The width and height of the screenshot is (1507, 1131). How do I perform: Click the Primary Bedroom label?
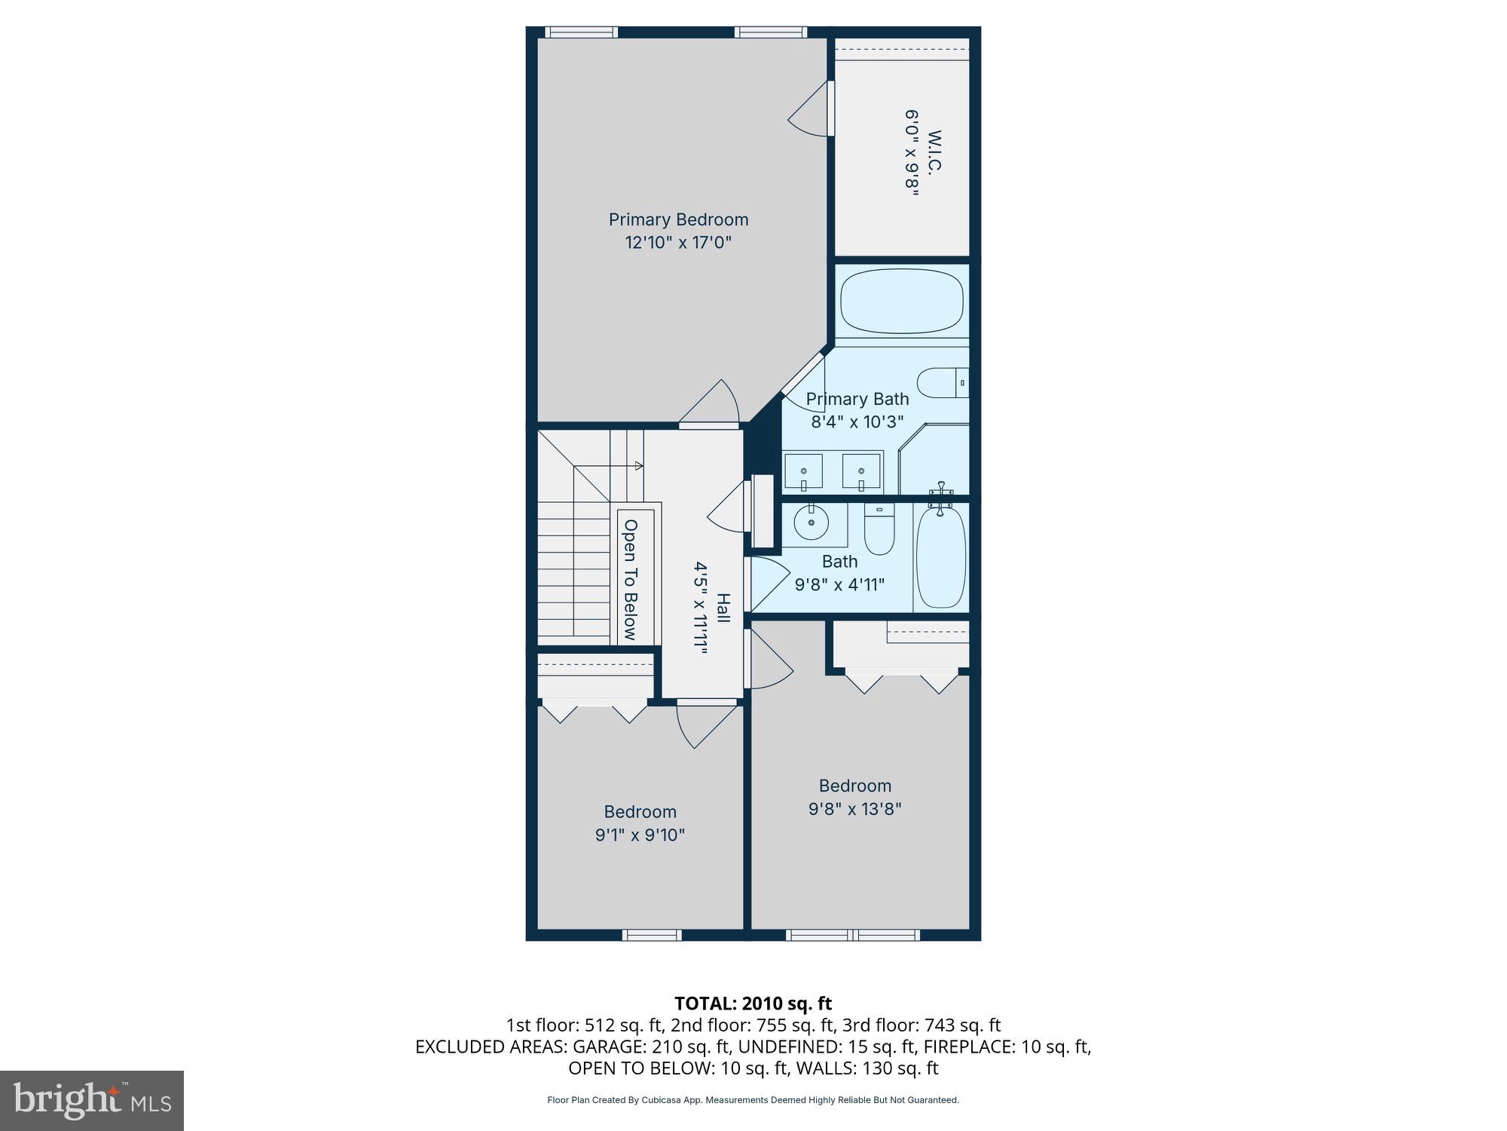click(x=678, y=219)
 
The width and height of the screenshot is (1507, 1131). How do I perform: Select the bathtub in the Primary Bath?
click(x=901, y=302)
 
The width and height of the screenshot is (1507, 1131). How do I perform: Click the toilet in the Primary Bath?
click(x=941, y=383)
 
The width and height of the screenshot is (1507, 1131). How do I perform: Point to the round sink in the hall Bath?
click(x=811, y=522)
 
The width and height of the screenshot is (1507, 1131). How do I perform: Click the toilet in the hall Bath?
click(x=878, y=530)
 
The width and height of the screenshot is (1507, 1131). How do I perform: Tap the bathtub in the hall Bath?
click(x=940, y=556)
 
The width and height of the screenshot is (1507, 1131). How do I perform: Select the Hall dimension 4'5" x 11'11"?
click(x=702, y=608)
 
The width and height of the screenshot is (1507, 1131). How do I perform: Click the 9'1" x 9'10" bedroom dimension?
click(x=640, y=835)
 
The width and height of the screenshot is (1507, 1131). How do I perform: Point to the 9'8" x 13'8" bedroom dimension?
click(x=854, y=809)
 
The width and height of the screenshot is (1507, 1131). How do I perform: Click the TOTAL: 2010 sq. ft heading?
click(x=752, y=1004)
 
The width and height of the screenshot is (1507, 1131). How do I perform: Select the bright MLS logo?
click(x=92, y=1100)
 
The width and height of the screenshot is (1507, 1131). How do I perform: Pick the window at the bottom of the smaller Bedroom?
click(x=652, y=935)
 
